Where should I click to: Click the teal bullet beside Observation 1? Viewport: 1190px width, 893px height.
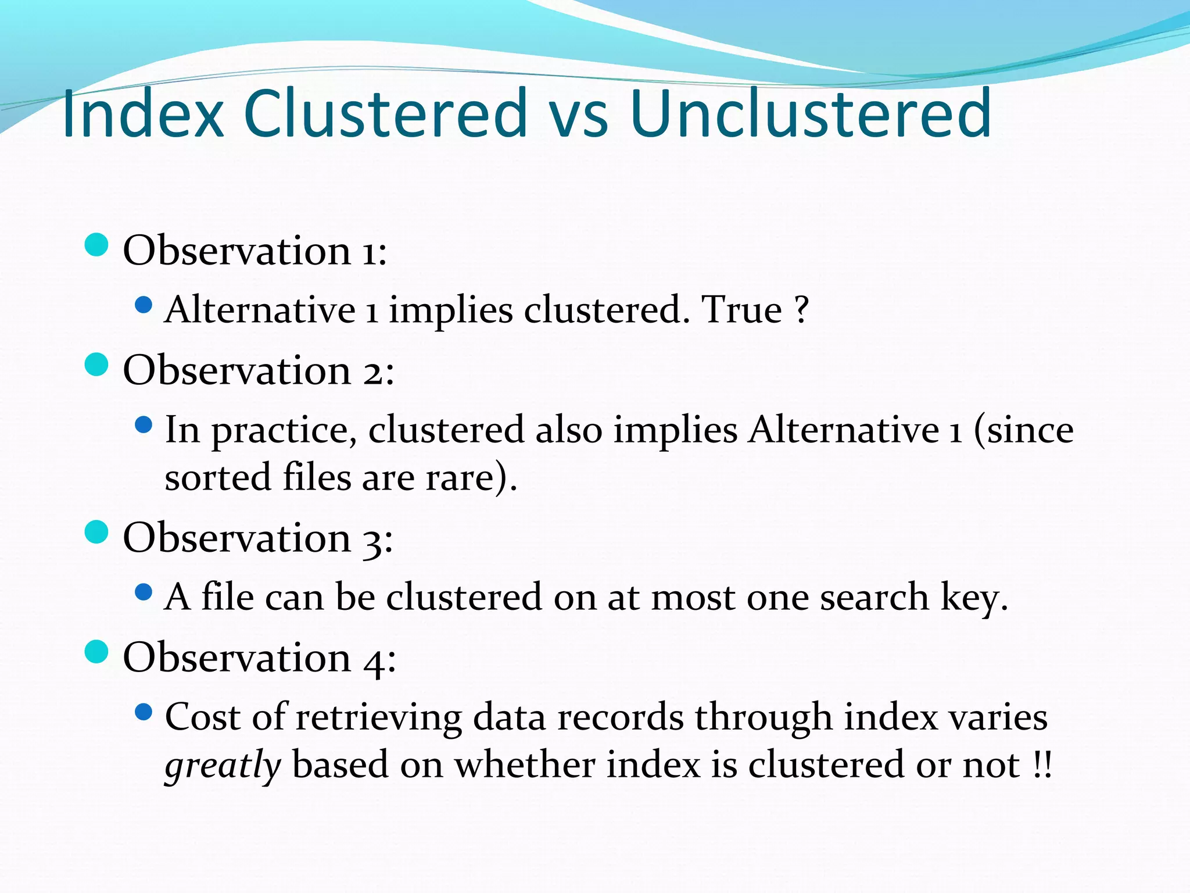tap(96, 245)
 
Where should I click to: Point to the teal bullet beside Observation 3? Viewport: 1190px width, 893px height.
tap(96, 532)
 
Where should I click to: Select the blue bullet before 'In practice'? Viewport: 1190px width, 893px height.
tap(143, 425)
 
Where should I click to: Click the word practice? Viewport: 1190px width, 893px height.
tap(283, 432)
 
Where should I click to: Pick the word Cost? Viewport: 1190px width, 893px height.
tap(203, 716)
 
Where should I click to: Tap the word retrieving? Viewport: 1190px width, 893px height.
tap(378, 719)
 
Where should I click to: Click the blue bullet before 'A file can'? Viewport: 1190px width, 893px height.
tap(143, 592)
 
